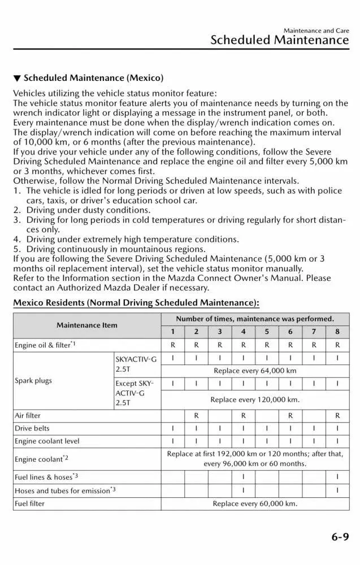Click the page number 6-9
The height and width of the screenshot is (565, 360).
point(340,537)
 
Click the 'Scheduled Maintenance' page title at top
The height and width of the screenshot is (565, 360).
point(279,40)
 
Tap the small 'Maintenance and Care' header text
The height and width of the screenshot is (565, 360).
point(316,31)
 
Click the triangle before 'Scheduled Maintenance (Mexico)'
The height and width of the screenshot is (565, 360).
point(17,78)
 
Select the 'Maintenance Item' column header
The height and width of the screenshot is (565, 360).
point(87,325)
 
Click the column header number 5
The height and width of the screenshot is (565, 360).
point(267,332)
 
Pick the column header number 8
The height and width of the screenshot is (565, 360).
point(337,332)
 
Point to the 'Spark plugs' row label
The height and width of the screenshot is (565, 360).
point(33,380)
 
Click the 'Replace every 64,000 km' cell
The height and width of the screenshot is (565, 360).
point(255,371)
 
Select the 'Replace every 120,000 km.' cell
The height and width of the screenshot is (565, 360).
point(255,399)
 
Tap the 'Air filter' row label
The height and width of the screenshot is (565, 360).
point(28,415)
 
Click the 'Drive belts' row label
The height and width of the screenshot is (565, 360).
point(32,428)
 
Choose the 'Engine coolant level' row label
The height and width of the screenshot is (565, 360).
point(47,441)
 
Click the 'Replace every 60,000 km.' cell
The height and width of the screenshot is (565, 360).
point(255,503)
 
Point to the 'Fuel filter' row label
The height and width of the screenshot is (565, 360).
point(29,503)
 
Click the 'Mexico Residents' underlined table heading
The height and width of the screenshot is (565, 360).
point(136,303)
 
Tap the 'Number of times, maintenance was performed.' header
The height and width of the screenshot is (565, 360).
point(255,319)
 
